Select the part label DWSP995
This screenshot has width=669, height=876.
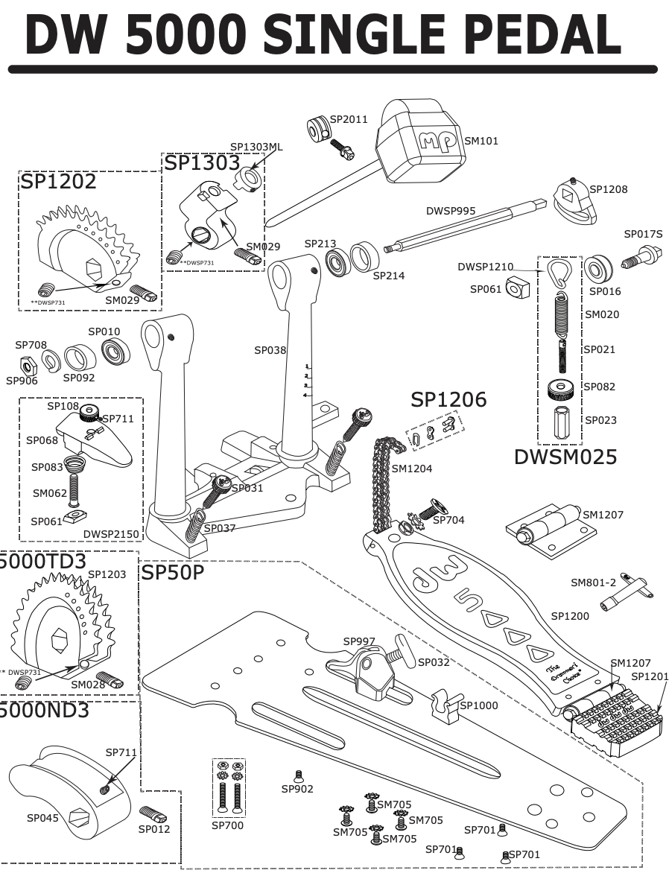pyautogui.click(x=450, y=211)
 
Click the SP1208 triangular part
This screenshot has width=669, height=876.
pyautogui.click(x=574, y=203)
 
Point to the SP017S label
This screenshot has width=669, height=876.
pyautogui.click(x=642, y=235)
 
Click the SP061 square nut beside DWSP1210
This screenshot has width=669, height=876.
pyautogui.click(x=517, y=288)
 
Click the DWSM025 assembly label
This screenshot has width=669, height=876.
pyautogui.click(x=565, y=457)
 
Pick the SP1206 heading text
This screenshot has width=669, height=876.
pyautogui.click(x=448, y=399)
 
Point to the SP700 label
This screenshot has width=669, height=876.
pyautogui.click(x=227, y=825)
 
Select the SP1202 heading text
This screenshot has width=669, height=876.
pyautogui.click(x=58, y=182)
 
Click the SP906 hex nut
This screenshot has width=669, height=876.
pyautogui.click(x=28, y=365)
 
